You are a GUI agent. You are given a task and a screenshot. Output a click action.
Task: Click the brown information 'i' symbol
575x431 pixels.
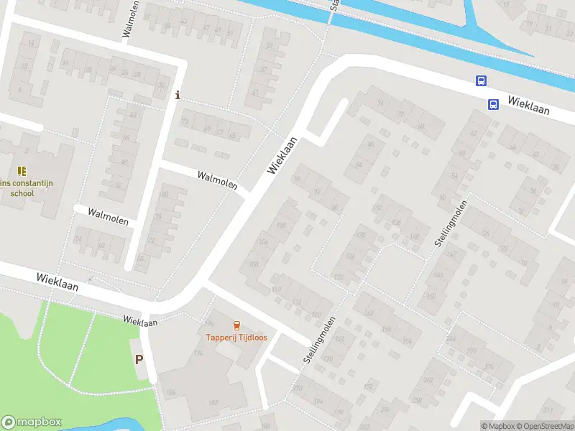click(178, 95)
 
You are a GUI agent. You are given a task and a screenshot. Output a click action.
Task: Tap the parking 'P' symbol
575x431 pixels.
click(139, 360)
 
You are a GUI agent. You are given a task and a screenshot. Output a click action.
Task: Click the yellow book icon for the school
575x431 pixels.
click(22, 171)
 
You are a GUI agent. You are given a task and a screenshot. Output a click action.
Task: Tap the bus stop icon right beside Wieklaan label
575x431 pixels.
click(493, 104)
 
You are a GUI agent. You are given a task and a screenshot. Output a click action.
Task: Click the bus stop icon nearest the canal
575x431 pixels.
click(480, 81)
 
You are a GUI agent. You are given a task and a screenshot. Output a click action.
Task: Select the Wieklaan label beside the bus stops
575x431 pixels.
click(529, 106)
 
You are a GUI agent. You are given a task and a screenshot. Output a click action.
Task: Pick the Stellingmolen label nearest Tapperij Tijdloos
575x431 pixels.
click(319, 339)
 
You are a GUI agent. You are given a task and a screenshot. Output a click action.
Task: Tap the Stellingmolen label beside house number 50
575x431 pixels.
click(451, 224)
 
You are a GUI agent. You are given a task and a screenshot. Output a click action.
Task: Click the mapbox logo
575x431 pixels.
click(32, 422)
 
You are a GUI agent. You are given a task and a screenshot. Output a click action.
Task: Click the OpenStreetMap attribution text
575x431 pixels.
click(545, 426)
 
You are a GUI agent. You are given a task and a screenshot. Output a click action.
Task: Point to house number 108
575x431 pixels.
click(253, 264)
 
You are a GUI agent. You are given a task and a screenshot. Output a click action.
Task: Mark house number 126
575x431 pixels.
click(351, 256)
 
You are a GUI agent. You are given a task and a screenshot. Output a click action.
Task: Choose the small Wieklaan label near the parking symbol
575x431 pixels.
click(139, 321)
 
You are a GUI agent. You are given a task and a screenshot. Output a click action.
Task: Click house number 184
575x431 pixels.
click(171, 391)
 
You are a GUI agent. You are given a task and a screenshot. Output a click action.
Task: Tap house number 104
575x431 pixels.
click(264, 242)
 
